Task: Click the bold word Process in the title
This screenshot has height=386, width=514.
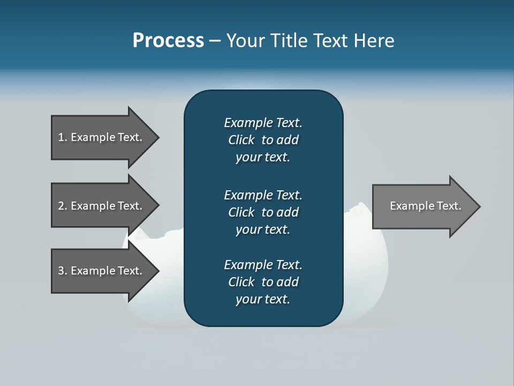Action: (x=168, y=41)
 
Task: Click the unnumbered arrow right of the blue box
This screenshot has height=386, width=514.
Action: (x=423, y=206)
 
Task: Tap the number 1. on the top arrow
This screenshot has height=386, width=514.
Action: (x=63, y=137)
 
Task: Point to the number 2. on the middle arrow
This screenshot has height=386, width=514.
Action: (x=63, y=206)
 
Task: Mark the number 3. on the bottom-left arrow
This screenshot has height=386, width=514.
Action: (x=63, y=271)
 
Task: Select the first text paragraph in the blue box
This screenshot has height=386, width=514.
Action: (x=263, y=140)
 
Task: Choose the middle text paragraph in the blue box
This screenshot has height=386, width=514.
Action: (x=263, y=212)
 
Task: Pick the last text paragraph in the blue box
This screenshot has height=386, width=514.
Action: (x=263, y=282)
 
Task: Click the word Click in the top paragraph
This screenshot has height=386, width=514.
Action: (x=241, y=140)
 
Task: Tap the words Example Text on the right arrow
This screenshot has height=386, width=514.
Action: (x=425, y=206)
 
